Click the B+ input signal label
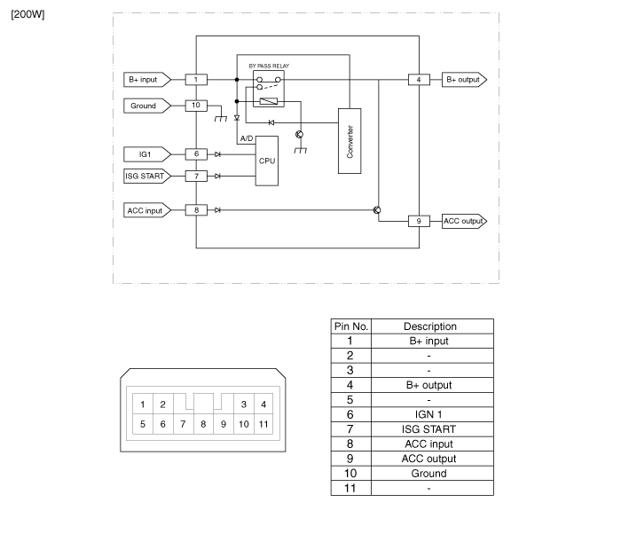tap(143, 79)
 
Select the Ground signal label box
tap(143, 106)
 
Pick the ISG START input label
tap(144, 176)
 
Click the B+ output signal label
tap(463, 79)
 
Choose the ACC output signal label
tap(463, 220)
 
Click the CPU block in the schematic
tap(267, 161)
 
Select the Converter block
tap(350, 142)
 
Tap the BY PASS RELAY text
tap(269, 66)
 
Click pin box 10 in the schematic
tap(196, 106)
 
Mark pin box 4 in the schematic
tap(419, 79)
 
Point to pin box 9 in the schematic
tap(419, 220)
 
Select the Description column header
tap(430, 326)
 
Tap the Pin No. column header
tap(350, 326)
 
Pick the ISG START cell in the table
tap(430, 429)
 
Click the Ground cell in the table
tap(430, 474)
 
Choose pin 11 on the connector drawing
tap(263, 424)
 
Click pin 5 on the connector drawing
tap(142, 424)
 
